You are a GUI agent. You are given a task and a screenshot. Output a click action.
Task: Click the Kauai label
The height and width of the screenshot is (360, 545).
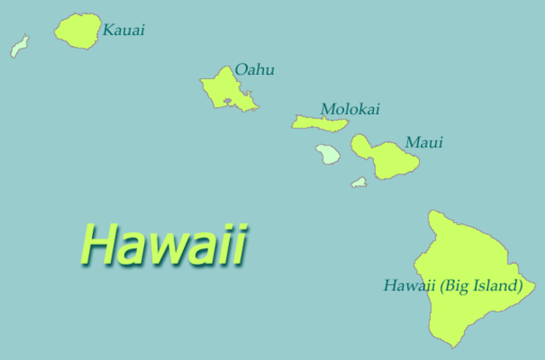tap(123, 31)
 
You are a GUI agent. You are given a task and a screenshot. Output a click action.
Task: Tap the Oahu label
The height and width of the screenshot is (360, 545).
tap(255, 70)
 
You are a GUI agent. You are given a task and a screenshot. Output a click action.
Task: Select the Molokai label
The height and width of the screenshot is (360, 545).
tap(350, 109)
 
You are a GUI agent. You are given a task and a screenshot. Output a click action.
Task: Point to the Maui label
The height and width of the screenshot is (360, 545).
tap(424, 142)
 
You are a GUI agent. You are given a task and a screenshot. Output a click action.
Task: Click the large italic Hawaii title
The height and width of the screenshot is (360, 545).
tap(163, 244)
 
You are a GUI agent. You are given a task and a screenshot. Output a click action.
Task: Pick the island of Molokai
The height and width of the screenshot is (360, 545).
tap(319, 123)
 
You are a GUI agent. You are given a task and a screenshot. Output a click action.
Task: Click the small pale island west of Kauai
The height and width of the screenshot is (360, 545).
tap(19, 46)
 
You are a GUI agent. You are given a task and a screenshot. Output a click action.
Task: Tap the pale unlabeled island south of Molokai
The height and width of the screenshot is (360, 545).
tap(327, 154)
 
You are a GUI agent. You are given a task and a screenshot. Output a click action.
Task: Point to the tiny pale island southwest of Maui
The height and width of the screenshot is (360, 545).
tap(359, 182)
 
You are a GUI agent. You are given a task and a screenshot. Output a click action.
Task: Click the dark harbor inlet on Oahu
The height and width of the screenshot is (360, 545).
tap(227, 102)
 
